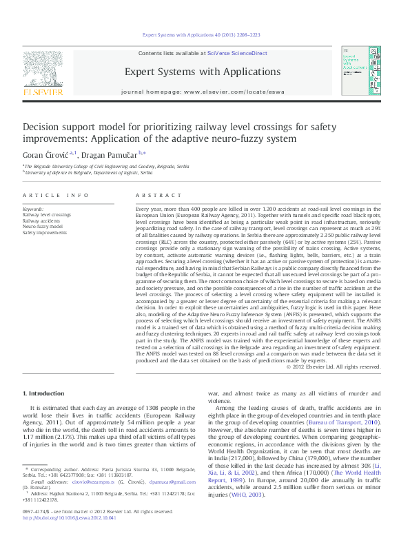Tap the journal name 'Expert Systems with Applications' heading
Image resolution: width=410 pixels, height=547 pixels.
[202, 72]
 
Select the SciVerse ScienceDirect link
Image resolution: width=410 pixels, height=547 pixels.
[237, 53]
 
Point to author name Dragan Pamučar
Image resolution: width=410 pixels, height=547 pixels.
[110, 154]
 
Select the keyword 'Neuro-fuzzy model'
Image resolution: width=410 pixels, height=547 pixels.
[42, 226]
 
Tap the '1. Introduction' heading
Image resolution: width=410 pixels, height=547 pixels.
[45, 393]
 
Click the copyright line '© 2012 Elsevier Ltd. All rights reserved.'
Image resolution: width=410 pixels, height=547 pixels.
[333, 367]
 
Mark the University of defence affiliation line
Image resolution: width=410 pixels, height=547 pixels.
[85, 173]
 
